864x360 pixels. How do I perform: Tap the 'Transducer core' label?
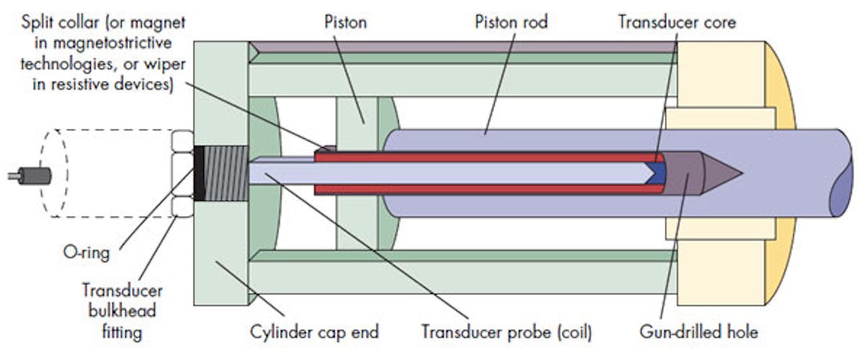pyautogui.click(x=677, y=22)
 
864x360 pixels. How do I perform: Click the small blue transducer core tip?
pyautogui.click(x=657, y=172)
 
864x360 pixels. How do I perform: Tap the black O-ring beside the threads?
pyautogui.click(x=199, y=173)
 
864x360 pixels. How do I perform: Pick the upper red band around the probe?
pyautogui.click(x=482, y=156)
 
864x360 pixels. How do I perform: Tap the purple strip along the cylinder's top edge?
pyautogui.click(x=461, y=47)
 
